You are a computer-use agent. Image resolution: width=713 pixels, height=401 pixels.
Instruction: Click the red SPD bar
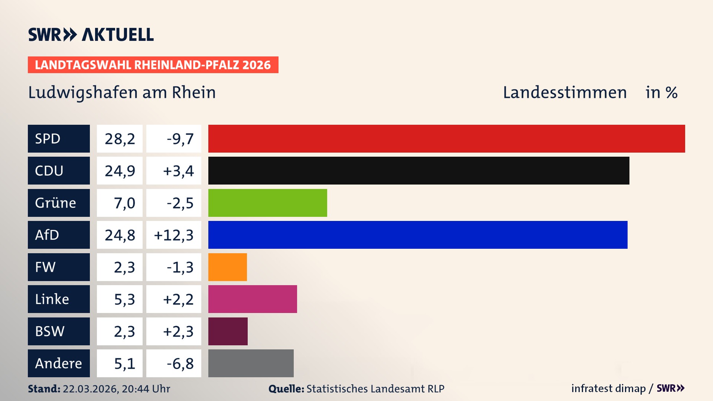446,138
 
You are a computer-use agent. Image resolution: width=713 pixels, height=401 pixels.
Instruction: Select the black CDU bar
419,170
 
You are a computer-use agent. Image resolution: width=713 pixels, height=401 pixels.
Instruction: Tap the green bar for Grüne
267,203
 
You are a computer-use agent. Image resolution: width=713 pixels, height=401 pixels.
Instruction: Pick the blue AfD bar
418,235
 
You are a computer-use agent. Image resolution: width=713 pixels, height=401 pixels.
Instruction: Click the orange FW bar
227,267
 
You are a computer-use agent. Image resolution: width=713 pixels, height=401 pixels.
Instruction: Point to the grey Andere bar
251,363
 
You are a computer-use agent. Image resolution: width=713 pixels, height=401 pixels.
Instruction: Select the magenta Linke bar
253,299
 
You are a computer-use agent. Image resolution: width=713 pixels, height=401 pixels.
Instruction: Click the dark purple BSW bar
228,331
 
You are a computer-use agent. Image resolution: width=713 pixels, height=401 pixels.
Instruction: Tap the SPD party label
59,138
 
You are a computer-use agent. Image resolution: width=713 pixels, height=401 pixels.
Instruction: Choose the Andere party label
59,363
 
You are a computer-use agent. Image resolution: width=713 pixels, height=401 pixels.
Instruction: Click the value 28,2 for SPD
120,139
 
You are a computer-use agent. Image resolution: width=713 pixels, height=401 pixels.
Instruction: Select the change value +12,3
173,235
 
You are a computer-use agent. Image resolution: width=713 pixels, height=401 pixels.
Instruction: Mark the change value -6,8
180,363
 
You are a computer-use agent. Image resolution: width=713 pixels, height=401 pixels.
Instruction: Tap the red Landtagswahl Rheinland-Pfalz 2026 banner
153,65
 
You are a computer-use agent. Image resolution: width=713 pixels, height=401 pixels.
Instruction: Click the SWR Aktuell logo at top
91,35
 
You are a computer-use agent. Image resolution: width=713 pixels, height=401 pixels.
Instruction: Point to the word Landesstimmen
564,92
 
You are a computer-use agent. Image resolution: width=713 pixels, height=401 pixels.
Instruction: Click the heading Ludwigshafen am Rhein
122,92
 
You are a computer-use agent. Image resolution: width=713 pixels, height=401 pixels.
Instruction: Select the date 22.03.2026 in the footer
90,389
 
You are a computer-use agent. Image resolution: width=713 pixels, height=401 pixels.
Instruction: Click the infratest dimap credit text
608,388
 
